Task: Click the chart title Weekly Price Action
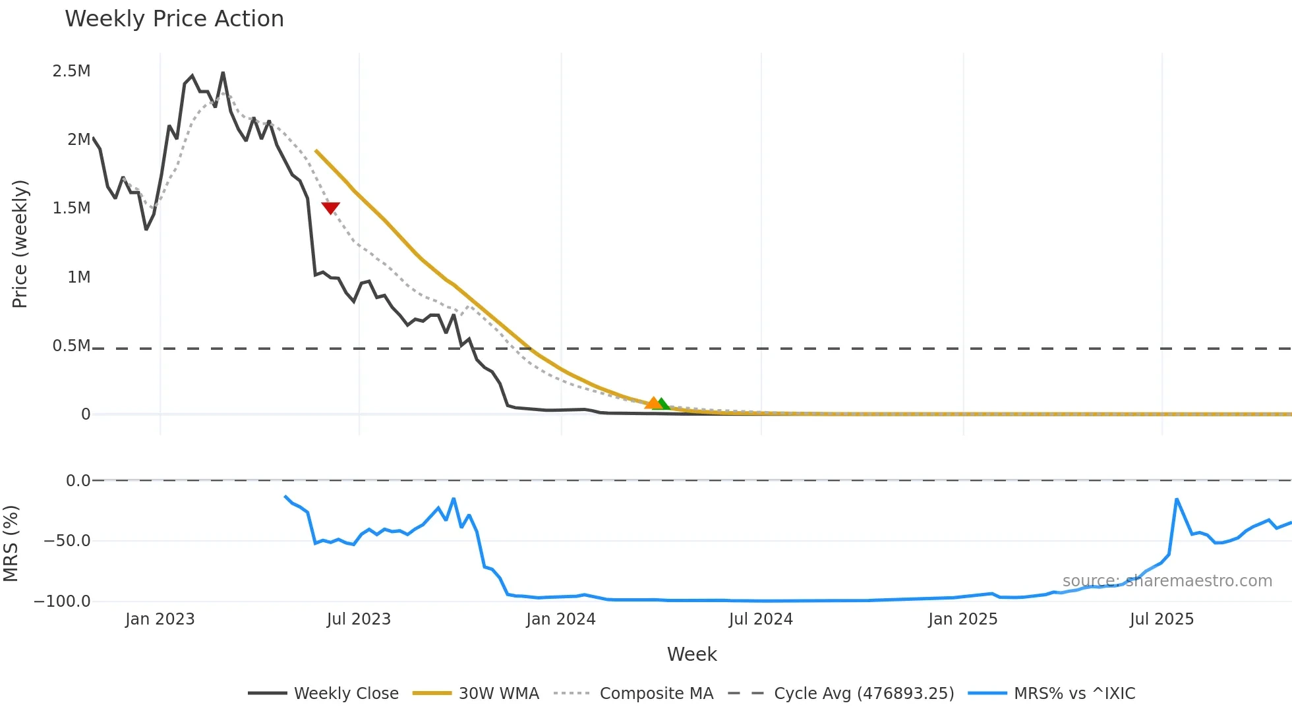coord(174,19)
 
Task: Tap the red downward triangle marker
coord(330,208)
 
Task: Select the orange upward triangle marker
coord(653,403)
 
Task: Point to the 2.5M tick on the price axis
coord(71,71)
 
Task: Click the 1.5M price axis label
coord(71,208)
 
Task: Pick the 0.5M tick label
coord(71,346)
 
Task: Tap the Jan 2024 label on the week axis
coord(560,619)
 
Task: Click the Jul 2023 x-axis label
coord(359,619)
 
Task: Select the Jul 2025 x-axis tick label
coord(1161,619)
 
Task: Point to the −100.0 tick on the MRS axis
coord(63,601)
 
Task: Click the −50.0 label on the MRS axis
coord(67,541)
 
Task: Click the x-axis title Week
coord(691,654)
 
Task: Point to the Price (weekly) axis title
coord(20,244)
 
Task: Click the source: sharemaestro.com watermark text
coord(1167,581)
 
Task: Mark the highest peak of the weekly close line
coord(223,72)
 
